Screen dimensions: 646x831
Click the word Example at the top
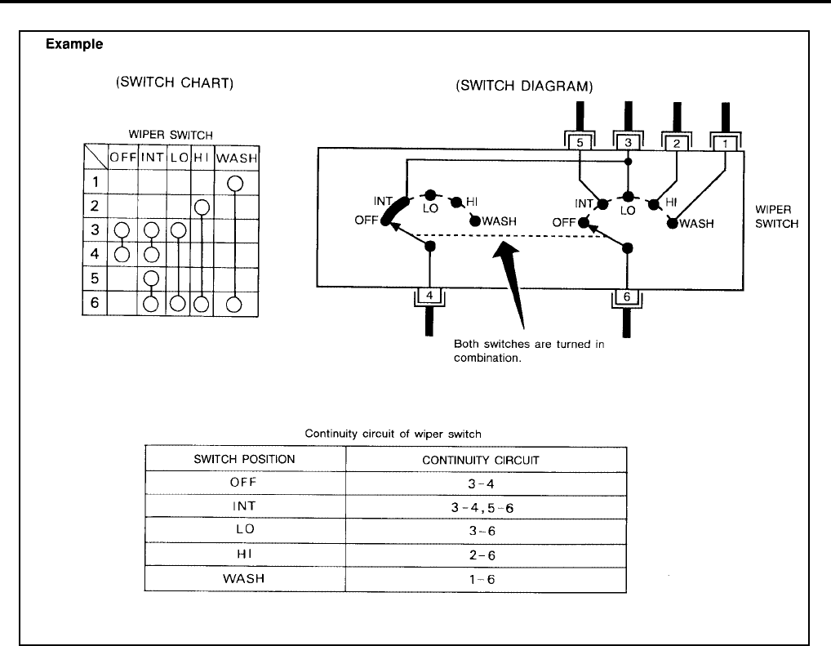[73, 45]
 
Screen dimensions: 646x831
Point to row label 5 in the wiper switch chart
[95, 278]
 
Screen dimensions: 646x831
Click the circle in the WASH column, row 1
[234, 182]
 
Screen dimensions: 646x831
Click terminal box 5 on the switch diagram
[579, 143]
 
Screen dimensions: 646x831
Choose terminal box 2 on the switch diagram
[677, 143]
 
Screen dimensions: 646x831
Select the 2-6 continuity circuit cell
[486, 555]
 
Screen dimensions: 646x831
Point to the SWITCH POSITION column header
[244, 459]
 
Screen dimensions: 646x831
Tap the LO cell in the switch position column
[244, 530]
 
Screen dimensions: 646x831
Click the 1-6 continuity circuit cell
[486, 578]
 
